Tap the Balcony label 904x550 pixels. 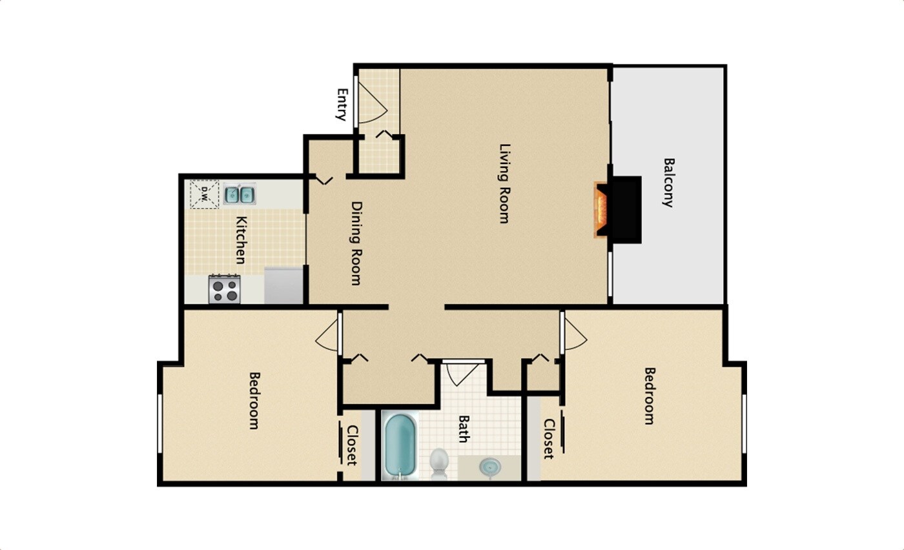pyautogui.click(x=668, y=182)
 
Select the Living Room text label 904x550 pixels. pyautogui.click(x=504, y=183)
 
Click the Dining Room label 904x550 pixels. pyautogui.click(x=356, y=243)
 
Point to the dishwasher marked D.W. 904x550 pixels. pyautogui.click(x=204, y=193)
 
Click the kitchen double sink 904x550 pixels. pyautogui.click(x=240, y=194)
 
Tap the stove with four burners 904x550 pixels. pyautogui.click(x=225, y=289)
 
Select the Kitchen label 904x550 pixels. pyautogui.click(x=240, y=239)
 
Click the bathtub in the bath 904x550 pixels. pyautogui.click(x=401, y=446)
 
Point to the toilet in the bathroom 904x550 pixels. pyautogui.click(x=439, y=463)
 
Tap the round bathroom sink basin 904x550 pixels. pyautogui.click(x=490, y=467)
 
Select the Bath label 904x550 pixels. pyautogui.click(x=464, y=429)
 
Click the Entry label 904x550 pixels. pyautogui.click(x=342, y=105)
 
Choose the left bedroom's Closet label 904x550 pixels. pyautogui.click(x=352, y=445)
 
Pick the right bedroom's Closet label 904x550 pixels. pyautogui.click(x=549, y=439)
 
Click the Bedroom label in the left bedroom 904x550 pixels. pyautogui.click(x=254, y=400)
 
